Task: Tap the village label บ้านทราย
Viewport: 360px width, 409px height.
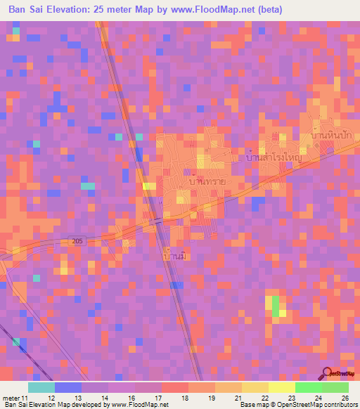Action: pyautogui.click(x=198, y=181)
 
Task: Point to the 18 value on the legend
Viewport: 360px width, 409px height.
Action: pyautogui.click(x=186, y=398)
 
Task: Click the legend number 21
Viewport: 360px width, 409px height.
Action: pyautogui.click(x=239, y=398)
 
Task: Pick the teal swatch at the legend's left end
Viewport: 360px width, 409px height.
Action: pyautogui.click(x=41, y=387)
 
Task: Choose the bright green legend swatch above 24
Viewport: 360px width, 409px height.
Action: pyautogui.click(x=308, y=387)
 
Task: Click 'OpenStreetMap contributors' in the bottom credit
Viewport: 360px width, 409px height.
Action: pyautogui.click(x=319, y=405)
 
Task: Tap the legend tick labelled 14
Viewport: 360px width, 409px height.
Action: pyautogui.click(x=104, y=398)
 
